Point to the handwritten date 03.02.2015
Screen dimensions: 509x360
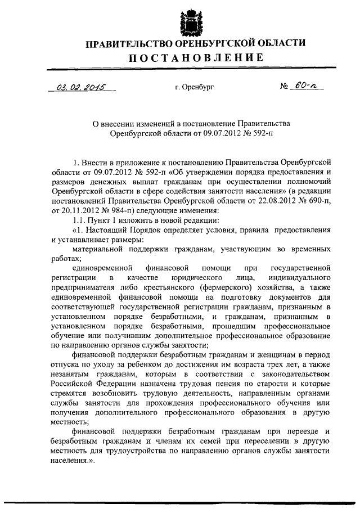click(81, 88)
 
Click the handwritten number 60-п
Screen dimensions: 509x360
click(308, 87)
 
